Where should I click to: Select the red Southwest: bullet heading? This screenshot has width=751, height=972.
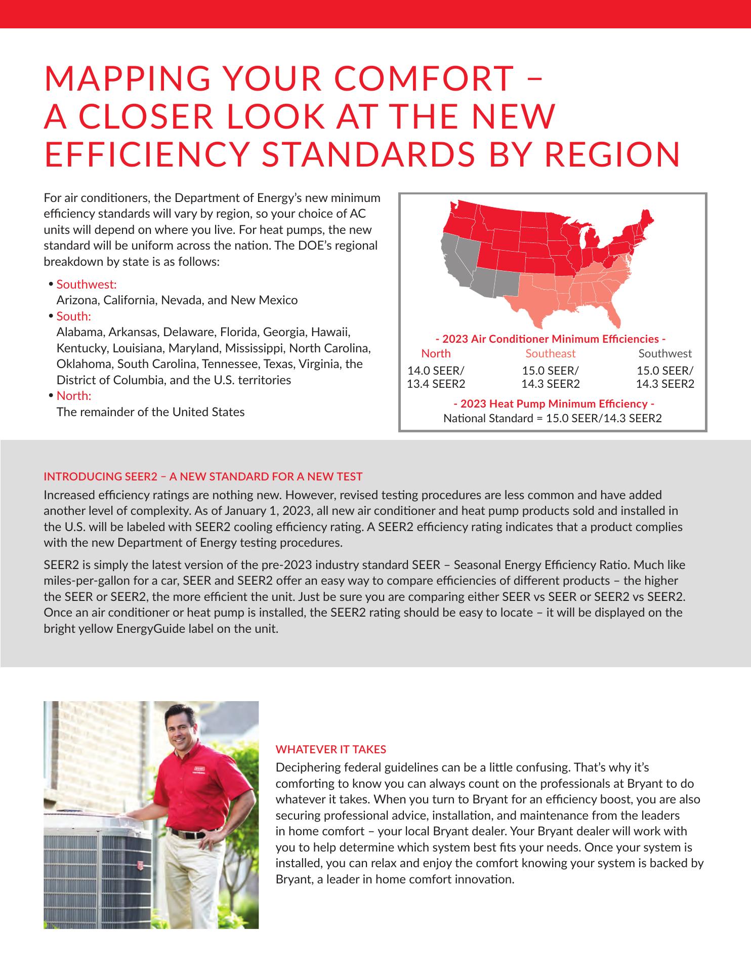point(87,284)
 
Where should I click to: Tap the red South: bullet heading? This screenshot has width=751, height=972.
point(74,316)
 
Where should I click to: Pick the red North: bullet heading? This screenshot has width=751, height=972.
point(74,395)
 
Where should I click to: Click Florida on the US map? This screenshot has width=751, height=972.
point(613,313)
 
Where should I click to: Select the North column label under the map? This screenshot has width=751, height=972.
point(436,353)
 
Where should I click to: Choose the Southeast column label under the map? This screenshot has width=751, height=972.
point(550,353)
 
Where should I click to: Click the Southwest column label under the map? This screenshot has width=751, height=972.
point(664,353)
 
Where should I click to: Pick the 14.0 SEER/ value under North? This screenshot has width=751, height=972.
point(436,371)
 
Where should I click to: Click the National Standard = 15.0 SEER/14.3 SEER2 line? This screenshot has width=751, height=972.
point(553,418)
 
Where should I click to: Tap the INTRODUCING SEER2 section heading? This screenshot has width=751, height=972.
point(203,476)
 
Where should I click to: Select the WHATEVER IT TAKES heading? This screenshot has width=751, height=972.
point(330,749)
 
